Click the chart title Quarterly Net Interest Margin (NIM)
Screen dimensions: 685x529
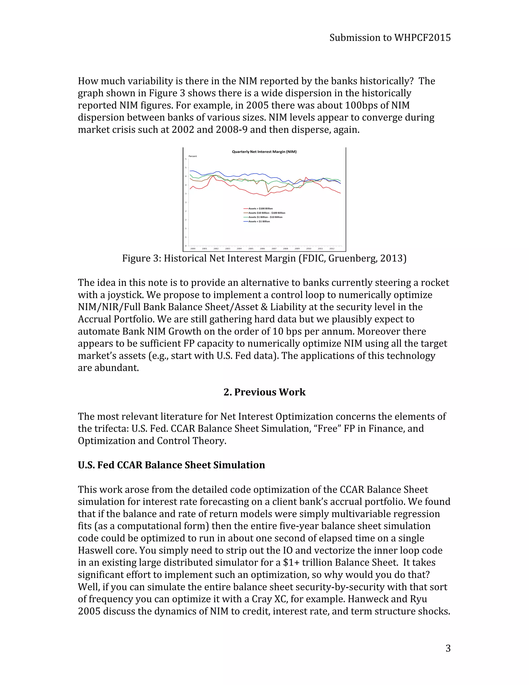click(264, 151)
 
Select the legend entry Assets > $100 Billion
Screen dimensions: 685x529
click(260, 208)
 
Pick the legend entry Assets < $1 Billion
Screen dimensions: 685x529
click(259, 222)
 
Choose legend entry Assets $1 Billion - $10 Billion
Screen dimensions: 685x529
click(265, 217)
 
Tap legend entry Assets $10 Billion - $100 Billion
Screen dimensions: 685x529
click(266, 213)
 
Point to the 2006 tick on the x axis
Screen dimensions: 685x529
click(262, 248)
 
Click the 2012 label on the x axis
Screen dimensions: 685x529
click(332, 248)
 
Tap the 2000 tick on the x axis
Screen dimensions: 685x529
click(193, 248)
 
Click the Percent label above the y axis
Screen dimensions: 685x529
click(192, 156)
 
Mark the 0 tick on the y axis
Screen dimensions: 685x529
click(185, 246)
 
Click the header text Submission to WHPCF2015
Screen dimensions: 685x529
click(390, 38)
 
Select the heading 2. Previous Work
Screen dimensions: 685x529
click(264, 392)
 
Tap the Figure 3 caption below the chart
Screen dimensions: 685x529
click(264, 258)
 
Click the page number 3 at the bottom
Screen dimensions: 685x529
click(448, 648)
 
